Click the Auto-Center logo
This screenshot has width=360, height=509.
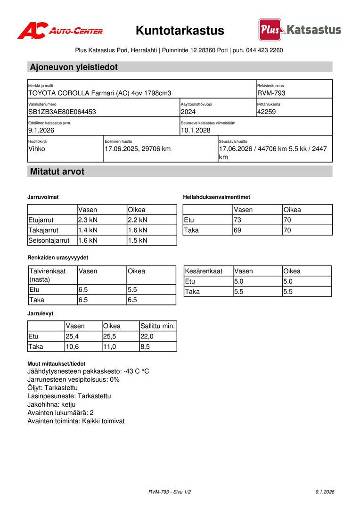60,31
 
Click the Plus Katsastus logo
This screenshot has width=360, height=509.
300,30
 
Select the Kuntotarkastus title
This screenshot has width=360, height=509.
180,31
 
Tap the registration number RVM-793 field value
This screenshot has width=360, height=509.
271,93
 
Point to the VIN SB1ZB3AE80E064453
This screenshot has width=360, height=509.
62,112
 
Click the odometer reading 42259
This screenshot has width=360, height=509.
267,112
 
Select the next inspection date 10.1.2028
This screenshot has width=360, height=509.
196,130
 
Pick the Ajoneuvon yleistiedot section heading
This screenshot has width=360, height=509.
74,67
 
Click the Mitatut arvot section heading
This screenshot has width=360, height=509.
57,172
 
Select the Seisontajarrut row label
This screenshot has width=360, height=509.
49,240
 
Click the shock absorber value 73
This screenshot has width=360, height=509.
238,220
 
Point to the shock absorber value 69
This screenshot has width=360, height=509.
238,230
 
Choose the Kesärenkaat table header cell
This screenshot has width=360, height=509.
204,271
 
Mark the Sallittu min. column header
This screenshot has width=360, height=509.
158,326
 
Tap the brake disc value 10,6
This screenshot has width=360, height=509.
73,346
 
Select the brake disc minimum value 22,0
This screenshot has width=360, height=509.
147,336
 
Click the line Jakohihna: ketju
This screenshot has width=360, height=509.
51,404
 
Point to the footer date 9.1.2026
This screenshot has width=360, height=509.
325,492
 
